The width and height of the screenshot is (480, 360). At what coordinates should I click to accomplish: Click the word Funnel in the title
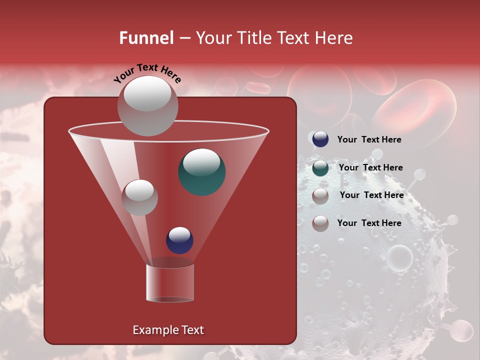(x=146, y=38)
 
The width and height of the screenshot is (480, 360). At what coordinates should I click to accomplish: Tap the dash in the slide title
(x=184, y=38)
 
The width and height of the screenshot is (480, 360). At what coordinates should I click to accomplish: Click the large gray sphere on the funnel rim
(x=147, y=106)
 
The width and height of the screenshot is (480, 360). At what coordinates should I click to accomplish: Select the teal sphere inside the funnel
(x=202, y=172)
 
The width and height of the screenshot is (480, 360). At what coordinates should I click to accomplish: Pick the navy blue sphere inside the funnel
(x=179, y=240)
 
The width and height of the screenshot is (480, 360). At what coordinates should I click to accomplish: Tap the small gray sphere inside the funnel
(x=139, y=197)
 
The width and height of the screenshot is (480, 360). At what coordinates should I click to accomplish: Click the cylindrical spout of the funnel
(x=170, y=282)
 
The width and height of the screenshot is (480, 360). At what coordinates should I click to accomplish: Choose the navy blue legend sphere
(x=320, y=139)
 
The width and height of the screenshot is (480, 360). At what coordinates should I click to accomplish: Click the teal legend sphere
(x=320, y=167)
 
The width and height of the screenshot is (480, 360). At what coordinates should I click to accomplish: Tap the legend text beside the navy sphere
(x=369, y=139)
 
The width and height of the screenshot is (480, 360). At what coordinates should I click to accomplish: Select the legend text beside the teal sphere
(x=370, y=167)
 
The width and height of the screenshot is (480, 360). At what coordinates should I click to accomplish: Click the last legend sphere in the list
(x=320, y=223)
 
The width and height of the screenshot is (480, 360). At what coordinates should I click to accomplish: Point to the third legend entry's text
(x=371, y=195)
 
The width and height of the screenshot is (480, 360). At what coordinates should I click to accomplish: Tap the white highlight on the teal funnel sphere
(x=201, y=162)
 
